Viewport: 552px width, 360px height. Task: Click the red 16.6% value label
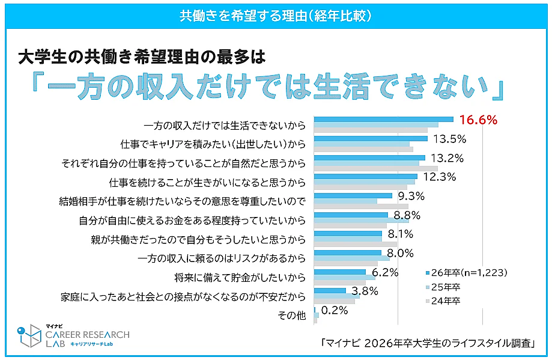pyautogui.click(x=478, y=120)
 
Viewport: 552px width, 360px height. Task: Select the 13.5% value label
pyautogui.click(x=449, y=139)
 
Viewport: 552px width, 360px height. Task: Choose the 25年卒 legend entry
pyautogui.click(x=446, y=287)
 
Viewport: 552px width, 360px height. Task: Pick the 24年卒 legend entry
pyautogui.click(x=446, y=301)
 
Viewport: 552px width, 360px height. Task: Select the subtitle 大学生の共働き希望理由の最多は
pyautogui.click(x=141, y=58)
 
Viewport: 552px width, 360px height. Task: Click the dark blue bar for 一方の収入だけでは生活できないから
pyautogui.click(x=383, y=119)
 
